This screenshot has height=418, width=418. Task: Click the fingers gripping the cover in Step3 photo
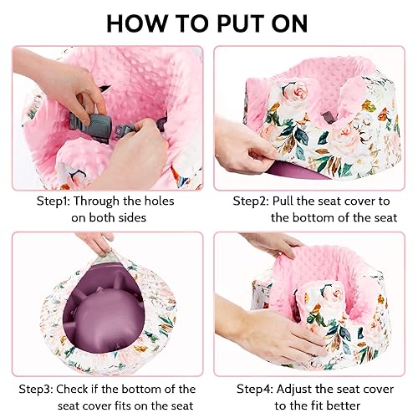(x=100, y=242)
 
